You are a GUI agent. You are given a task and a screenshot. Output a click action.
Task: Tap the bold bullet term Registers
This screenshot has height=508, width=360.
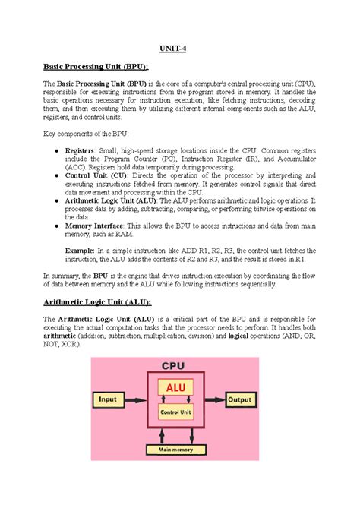[x=80, y=151]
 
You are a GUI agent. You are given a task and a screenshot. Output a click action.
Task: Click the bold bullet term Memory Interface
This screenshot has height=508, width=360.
[x=94, y=226]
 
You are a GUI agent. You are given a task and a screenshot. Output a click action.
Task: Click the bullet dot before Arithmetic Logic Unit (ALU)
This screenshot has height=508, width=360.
[x=58, y=200]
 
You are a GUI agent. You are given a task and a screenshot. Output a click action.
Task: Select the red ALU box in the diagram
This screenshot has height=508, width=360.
[x=175, y=388]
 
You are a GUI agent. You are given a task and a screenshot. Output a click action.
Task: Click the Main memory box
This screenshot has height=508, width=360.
[x=175, y=450]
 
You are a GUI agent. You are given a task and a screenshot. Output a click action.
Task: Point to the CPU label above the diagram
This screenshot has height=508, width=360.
[x=174, y=365]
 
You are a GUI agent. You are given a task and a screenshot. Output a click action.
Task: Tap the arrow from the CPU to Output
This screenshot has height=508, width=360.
[x=213, y=399]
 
